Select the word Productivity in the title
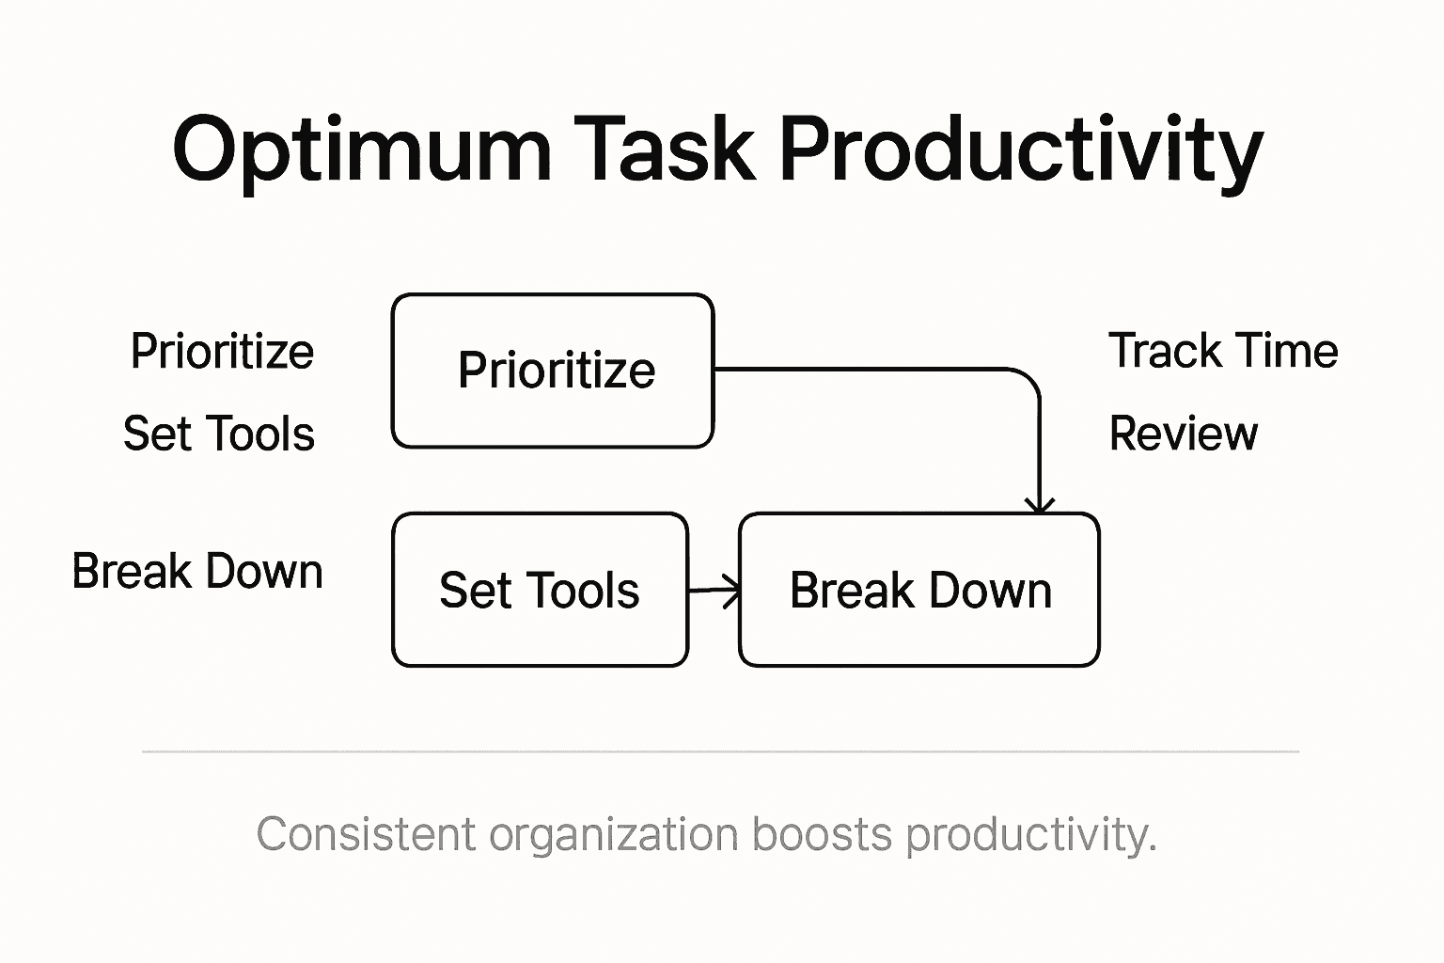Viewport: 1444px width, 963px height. tap(1021, 150)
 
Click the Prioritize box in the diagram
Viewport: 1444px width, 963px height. tap(553, 371)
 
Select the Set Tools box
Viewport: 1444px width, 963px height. tap(540, 591)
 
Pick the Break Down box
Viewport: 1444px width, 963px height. tap(919, 591)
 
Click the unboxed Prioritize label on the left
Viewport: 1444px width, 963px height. tap(222, 352)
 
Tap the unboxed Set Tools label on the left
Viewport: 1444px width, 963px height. tap(219, 434)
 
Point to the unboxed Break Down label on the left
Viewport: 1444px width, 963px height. tap(197, 572)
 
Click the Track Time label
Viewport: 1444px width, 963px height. tap(1222, 351)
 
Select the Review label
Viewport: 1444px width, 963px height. tap(1183, 434)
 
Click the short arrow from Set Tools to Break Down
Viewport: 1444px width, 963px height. tap(714, 591)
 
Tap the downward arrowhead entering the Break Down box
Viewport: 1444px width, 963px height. tap(1039, 506)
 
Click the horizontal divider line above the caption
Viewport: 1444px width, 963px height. tap(720, 751)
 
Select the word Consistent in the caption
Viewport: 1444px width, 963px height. tap(366, 835)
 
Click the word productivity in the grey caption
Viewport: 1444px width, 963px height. tap(1029, 835)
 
